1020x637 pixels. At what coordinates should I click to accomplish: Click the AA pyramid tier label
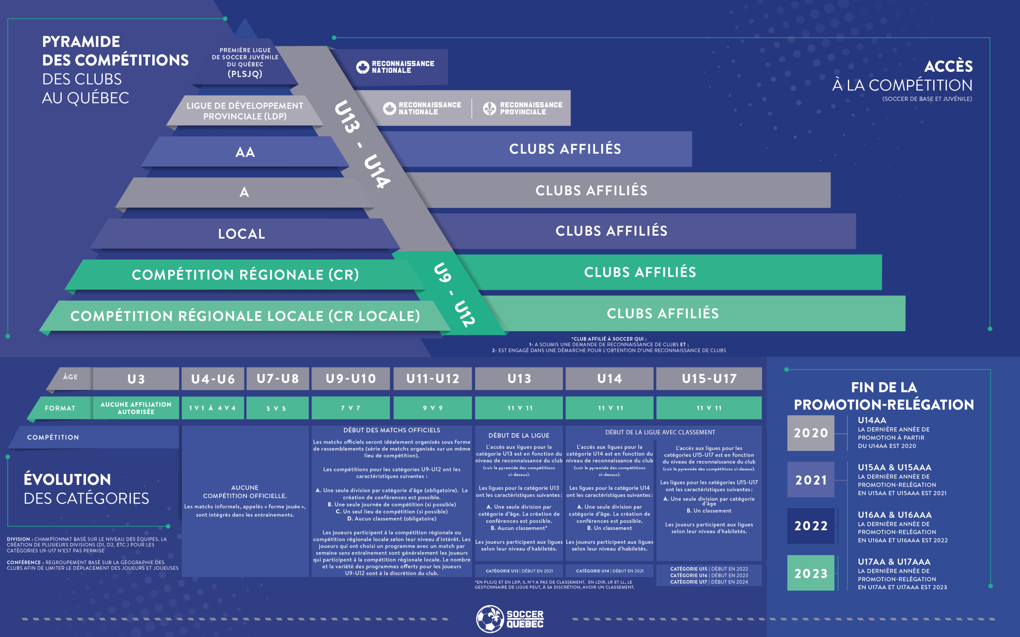point(245,152)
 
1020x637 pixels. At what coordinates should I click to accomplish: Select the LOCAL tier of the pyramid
point(241,234)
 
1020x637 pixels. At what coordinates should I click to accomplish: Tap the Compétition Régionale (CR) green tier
point(245,275)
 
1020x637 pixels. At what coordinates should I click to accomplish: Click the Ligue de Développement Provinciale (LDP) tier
point(245,111)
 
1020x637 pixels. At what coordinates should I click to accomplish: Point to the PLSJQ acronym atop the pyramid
point(245,74)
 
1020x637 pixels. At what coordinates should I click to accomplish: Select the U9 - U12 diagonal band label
point(454,295)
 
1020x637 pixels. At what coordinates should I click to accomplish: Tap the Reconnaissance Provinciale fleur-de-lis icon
point(489,108)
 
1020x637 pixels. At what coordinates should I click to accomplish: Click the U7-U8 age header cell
point(278,379)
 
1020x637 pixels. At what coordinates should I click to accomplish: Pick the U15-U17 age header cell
point(709,379)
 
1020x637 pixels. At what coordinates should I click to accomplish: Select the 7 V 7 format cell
point(350,408)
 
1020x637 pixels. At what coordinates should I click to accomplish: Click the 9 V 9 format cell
point(432,408)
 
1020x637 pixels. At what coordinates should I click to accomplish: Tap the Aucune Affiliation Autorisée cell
point(136,408)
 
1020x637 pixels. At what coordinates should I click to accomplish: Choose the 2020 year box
point(810,433)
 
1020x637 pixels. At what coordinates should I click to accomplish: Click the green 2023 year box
point(810,573)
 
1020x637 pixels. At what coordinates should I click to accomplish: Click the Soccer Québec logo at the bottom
point(510,619)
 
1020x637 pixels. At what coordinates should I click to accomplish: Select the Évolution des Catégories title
point(86,489)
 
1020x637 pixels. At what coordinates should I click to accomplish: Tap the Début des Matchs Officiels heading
point(392,430)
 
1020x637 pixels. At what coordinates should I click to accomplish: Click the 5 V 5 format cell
point(277,408)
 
